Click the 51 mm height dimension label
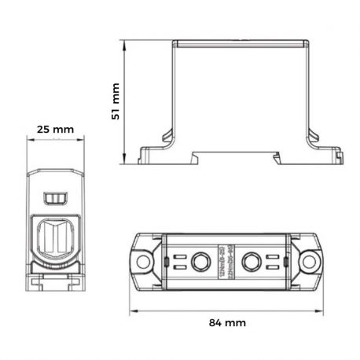(115, 101)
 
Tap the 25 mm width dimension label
(53, 128)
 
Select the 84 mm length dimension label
(229, 322)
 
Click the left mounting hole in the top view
(144, 259)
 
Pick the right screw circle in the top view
(254, 259)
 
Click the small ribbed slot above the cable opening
(54, 195)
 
